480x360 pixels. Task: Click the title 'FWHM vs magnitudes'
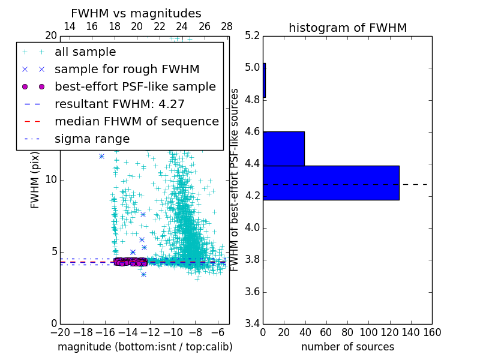[136, 14]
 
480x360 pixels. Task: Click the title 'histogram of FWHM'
[347, 28]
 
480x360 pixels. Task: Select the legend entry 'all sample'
[85, 52]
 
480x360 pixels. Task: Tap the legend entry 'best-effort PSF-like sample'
[135, 86]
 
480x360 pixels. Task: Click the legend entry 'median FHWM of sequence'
[136, 121]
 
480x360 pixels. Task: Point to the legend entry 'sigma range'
[92, 139]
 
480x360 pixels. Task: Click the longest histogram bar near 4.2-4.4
[331, 182]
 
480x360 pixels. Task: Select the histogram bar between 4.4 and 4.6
[283, 148]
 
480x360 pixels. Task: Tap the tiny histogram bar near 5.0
[264, 80]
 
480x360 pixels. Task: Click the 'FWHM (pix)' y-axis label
[35, 179]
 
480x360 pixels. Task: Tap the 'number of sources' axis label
[347, 347]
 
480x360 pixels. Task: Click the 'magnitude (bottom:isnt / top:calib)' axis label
[145, 347]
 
